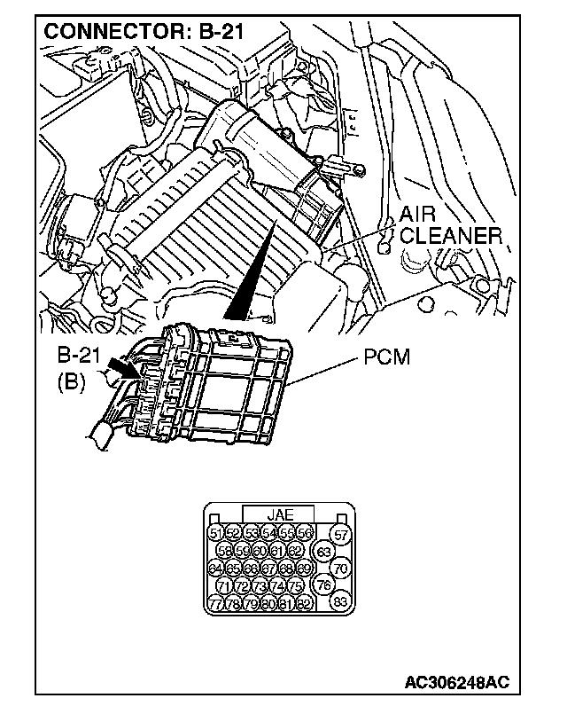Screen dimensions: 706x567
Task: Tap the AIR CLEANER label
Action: point(449,226)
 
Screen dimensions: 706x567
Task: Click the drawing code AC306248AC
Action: point(456,682)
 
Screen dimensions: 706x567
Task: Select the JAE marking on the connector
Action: point(279,514)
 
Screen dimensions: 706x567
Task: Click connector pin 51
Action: point(214,532)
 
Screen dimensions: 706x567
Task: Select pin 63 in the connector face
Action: point(323,551)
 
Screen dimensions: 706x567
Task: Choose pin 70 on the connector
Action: point(341,568)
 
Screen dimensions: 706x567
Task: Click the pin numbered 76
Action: point(323,585)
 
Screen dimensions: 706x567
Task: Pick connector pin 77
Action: point(214,603)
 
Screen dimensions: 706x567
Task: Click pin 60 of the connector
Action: point(259,550)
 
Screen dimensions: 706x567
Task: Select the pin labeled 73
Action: point(260,585)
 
